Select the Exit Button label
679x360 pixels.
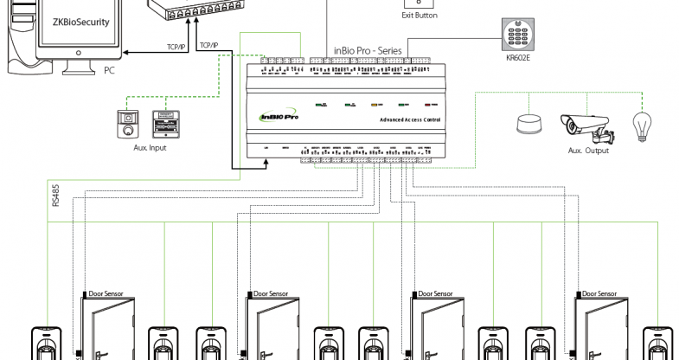pos(420,16)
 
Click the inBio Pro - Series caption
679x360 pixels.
pos(368,52)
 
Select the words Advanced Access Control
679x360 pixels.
pos(404,119)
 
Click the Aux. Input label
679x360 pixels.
pos(150,149)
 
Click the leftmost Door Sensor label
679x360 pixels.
pos(106,294)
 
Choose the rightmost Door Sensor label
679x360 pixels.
pos(600,294)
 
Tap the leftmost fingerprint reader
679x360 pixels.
pos(44,344)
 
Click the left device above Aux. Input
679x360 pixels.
pos(128,124)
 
